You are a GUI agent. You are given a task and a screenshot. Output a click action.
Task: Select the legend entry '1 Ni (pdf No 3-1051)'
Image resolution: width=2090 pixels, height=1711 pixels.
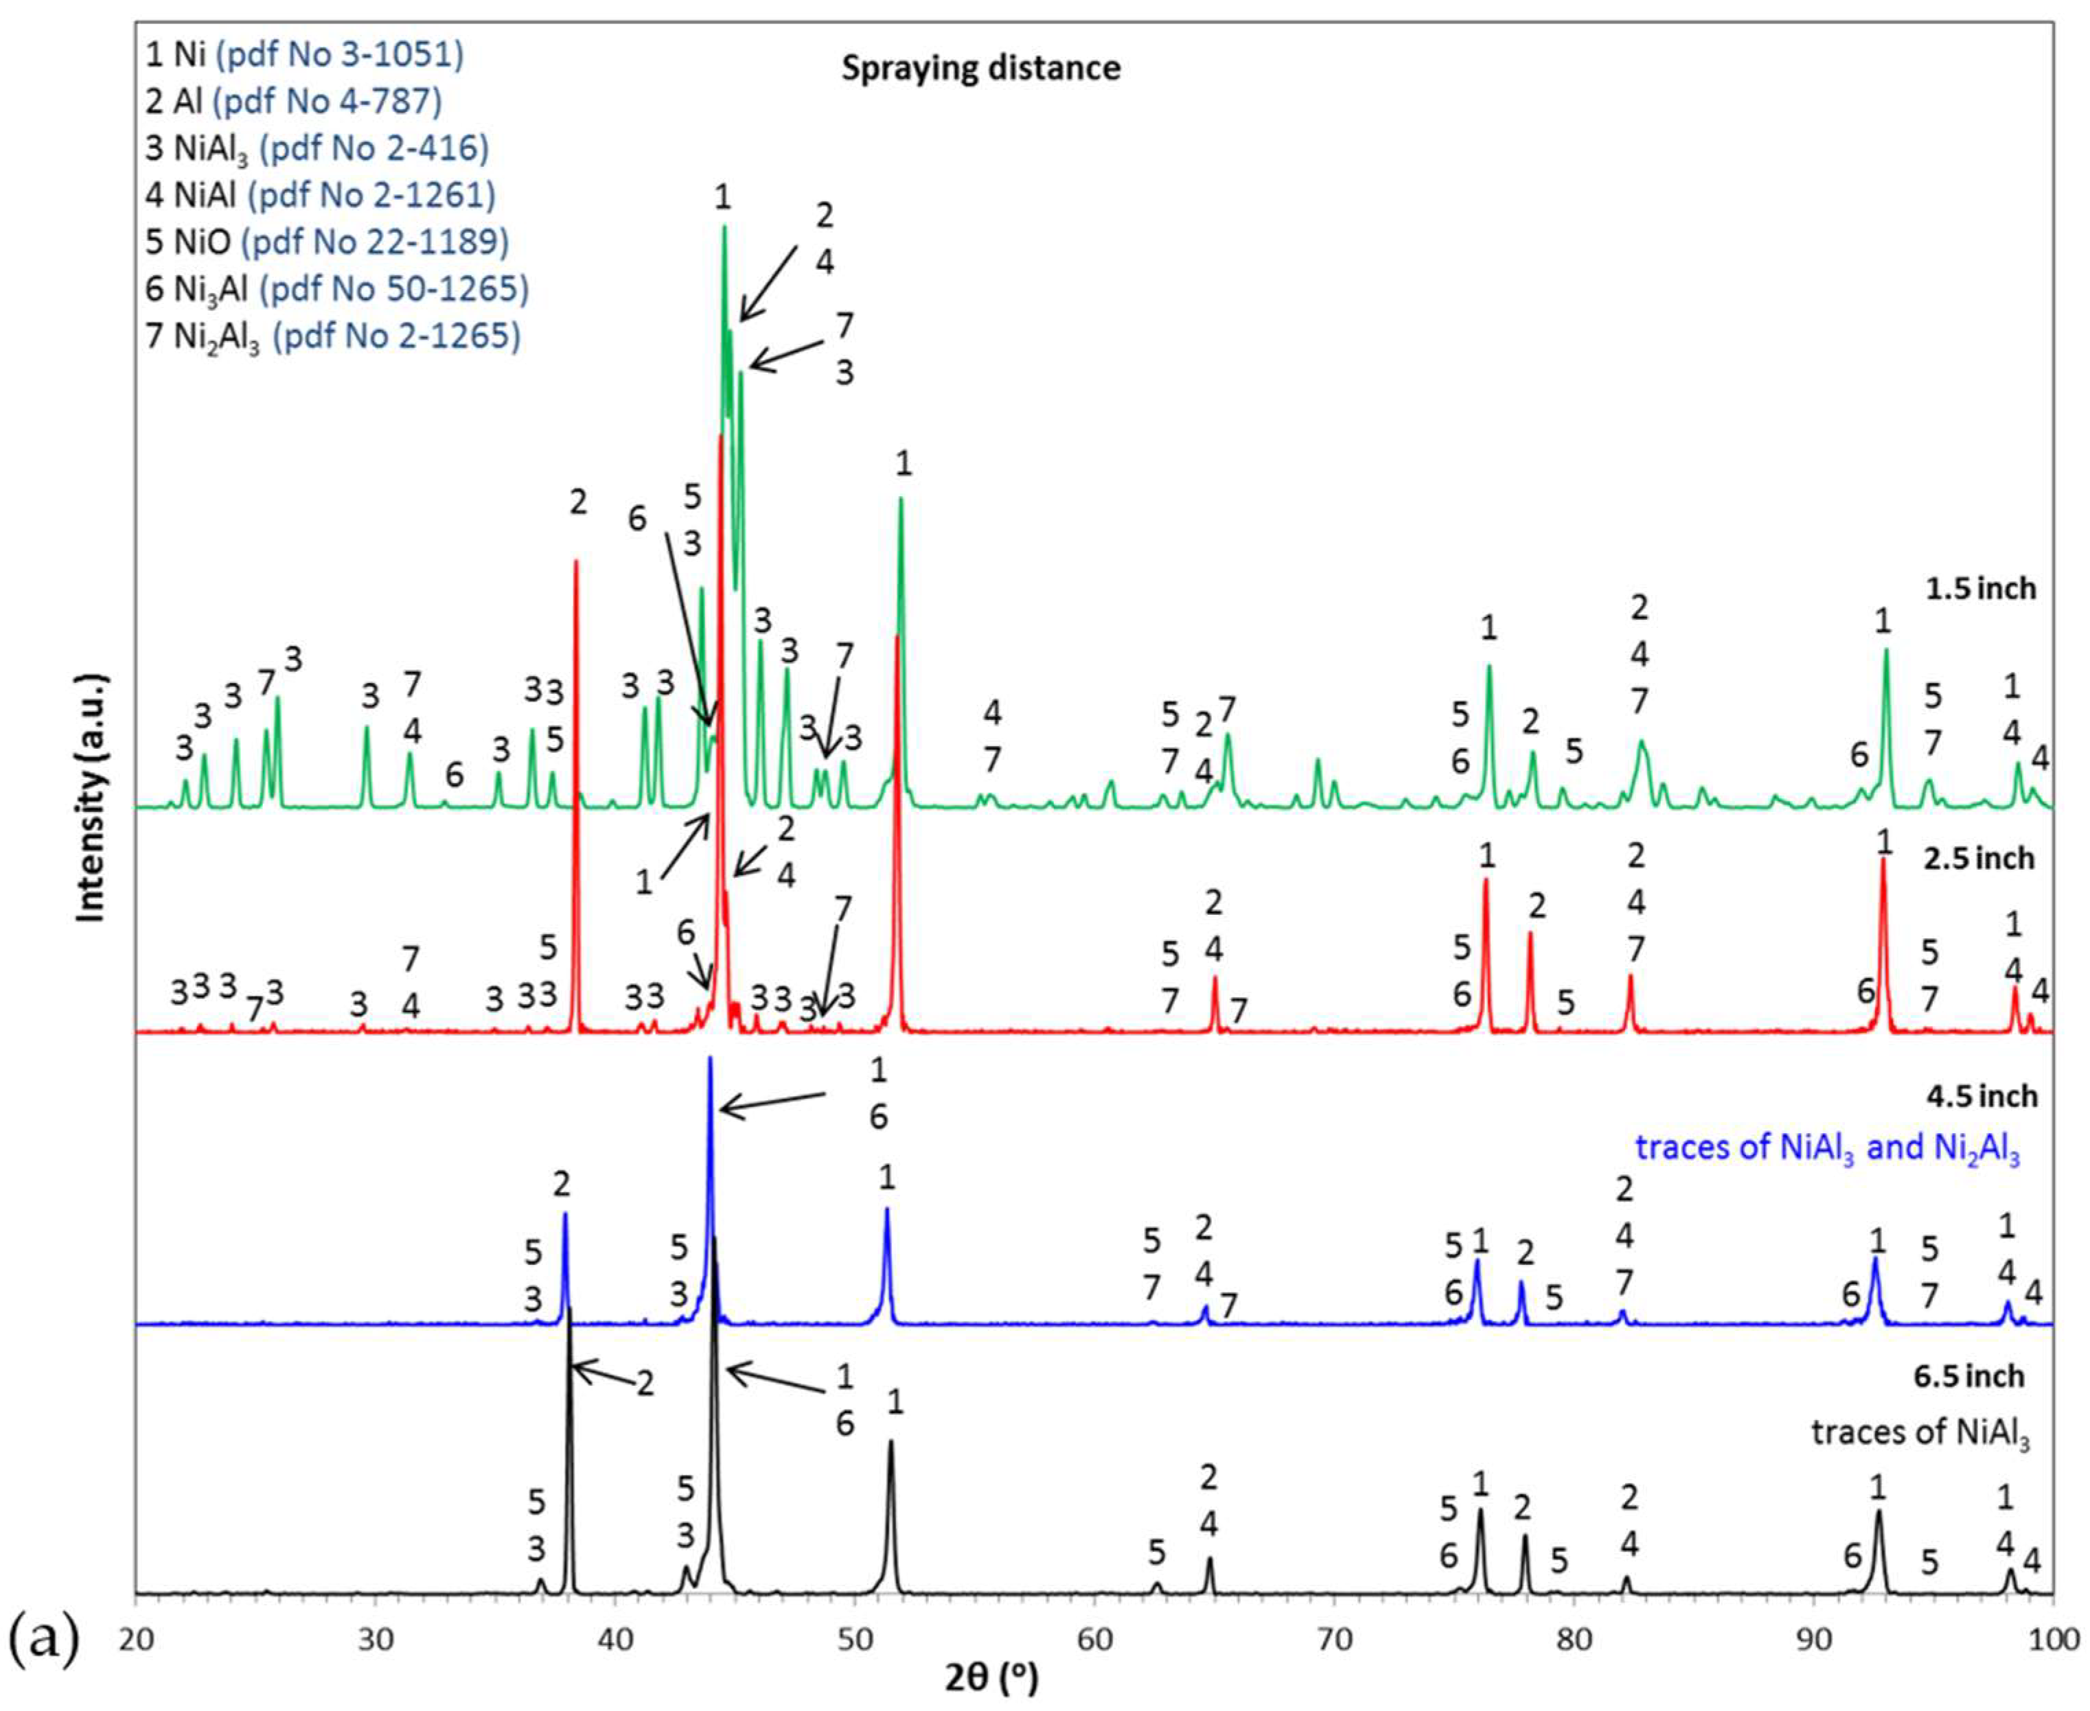[x=303, y=54]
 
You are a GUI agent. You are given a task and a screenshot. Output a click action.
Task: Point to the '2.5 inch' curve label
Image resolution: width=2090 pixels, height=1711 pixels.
[x=1979, y=859]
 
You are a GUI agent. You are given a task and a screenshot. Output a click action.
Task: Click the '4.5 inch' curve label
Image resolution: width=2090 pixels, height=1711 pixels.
[x=1979, y=1096]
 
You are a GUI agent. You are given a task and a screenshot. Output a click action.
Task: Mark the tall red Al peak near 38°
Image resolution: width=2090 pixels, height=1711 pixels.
[x=576, y=562]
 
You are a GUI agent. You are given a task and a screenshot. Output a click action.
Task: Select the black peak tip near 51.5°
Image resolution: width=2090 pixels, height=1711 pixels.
[x=891, y=1441]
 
